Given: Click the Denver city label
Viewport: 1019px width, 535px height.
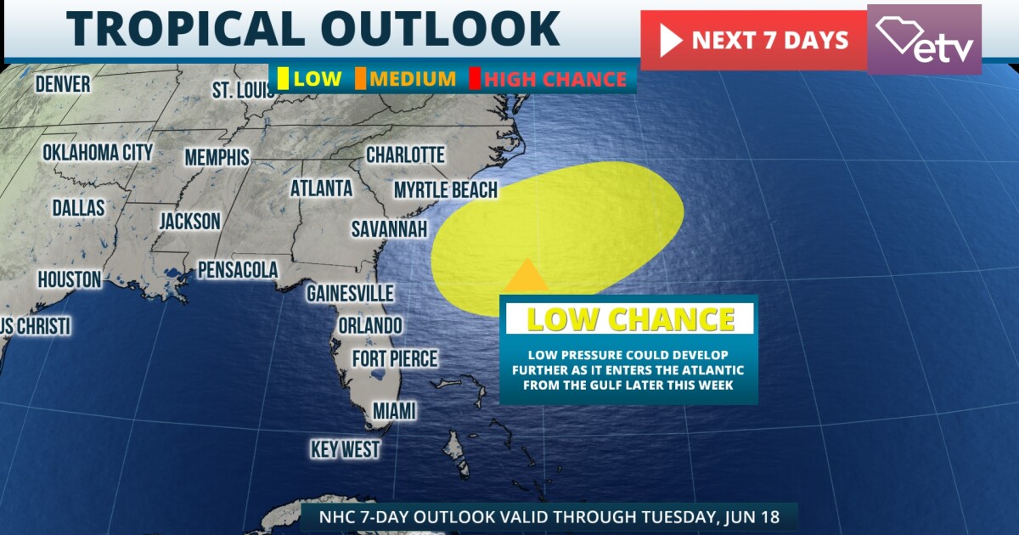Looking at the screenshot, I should click(63, 83).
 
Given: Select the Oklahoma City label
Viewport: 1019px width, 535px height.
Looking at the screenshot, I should click(98, 153).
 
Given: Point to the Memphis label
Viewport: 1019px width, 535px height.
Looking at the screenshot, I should click(217, 157).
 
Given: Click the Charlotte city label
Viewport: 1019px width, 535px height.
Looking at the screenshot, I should click(405, 155).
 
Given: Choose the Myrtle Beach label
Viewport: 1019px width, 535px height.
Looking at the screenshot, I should click(445, 189).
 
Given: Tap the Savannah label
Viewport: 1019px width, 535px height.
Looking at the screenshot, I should click(390, 229).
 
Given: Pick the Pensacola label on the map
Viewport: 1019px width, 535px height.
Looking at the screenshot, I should click(238, 270).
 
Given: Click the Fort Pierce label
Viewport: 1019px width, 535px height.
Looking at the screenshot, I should click(395, 358).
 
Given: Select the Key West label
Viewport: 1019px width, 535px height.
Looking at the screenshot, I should click(345, 449).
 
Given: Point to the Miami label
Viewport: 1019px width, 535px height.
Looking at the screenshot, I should click(395, 411).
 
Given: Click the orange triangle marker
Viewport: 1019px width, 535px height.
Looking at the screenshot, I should click(526, 277).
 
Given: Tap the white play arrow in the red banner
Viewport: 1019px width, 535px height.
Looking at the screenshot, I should click(671, 40).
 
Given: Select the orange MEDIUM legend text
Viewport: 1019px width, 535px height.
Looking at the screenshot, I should click(413, 80).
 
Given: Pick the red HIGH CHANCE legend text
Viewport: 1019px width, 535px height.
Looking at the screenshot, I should click(555, 80).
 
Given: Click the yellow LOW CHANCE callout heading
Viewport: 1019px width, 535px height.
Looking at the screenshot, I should click(630, 319).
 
